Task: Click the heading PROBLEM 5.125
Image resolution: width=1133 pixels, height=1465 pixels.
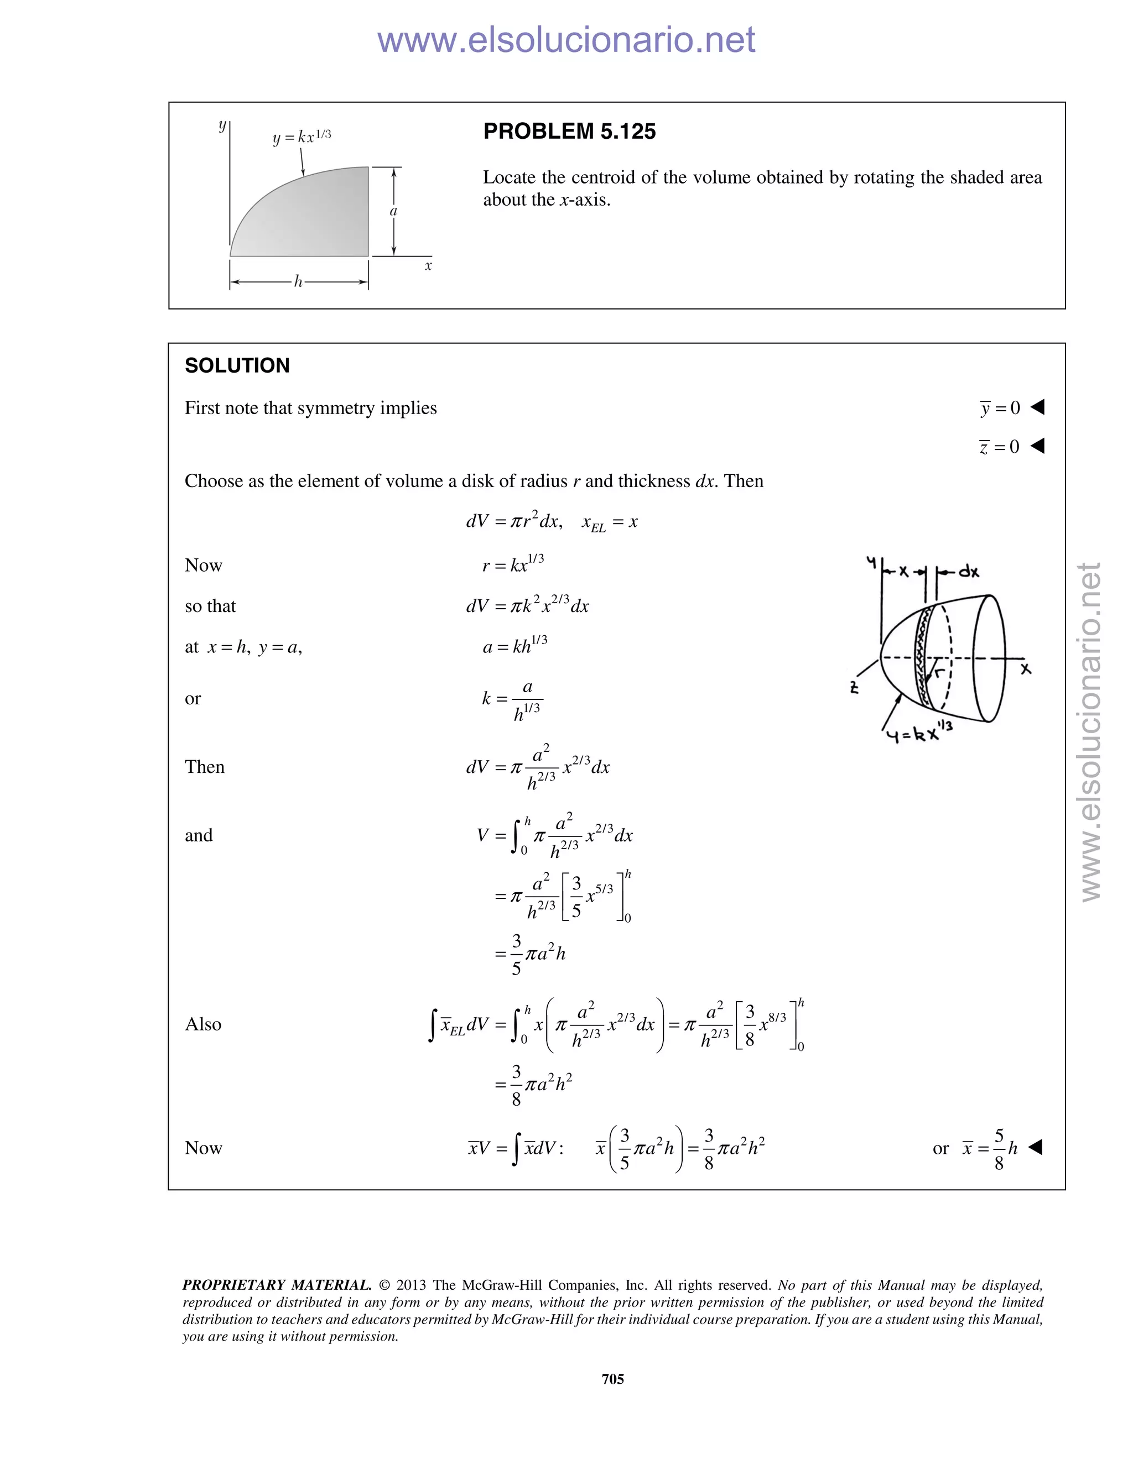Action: [569, 132]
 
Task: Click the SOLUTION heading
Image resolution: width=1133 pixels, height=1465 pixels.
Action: [237, 365]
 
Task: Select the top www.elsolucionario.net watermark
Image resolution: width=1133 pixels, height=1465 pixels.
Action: [566, 40]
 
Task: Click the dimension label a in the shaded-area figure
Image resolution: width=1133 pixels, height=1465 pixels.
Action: [394, 211]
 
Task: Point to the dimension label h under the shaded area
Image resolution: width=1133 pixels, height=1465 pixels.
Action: [298, 282]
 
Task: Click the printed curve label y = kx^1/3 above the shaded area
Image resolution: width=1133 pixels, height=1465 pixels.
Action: [302, 137]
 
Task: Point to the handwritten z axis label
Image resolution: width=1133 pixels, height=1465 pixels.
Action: [854, 688]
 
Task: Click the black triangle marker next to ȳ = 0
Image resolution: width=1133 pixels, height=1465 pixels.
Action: [1038, 406]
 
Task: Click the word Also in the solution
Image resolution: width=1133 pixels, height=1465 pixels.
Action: [202, 1024]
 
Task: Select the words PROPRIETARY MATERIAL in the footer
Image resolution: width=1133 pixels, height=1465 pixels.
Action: [277, 1285]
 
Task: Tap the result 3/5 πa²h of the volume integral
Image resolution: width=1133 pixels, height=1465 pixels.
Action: [538, 953]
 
